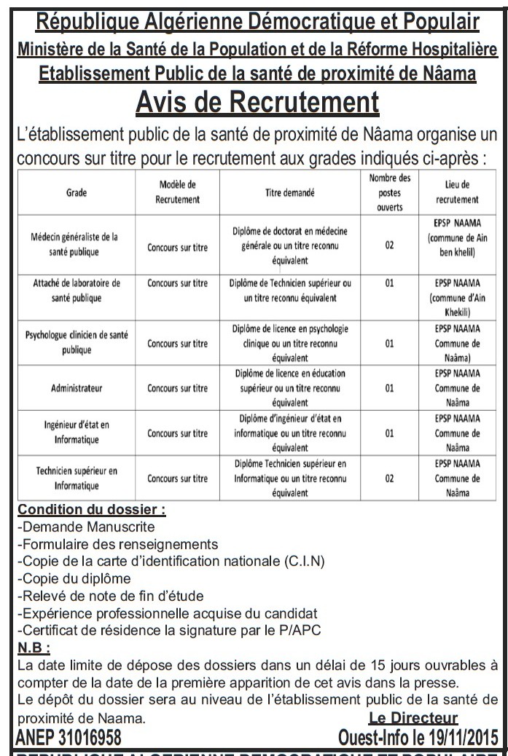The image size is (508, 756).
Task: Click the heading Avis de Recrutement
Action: [x=257, y=102]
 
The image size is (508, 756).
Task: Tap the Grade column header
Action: [x=76, y=192]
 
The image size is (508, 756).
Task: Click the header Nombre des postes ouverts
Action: [x=389, y=192]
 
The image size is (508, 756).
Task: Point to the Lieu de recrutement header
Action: [x=457, y=192]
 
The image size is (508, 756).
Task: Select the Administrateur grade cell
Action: [x=76, y=388]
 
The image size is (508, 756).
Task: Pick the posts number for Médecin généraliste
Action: [x=389, y=245]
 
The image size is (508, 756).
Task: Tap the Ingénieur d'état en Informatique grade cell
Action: [x=76, y=432]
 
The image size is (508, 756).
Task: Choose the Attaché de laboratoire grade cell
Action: [x=76, y=290]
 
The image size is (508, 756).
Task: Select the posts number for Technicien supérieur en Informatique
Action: [x=389, y=479]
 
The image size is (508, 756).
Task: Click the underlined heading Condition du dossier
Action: [x=91, y=510]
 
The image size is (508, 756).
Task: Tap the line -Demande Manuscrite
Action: [x=85, y=527]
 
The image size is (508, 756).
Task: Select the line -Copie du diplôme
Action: [x=73, y=578]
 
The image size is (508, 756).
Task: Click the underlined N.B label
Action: [x=34, y=647]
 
